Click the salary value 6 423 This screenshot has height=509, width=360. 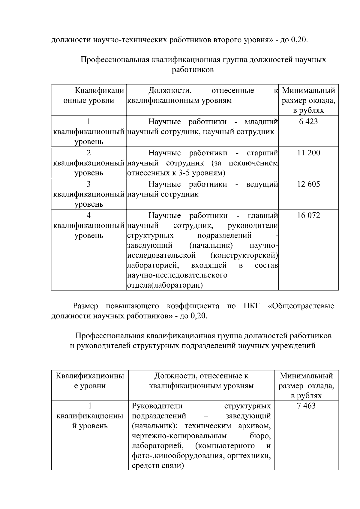pyautogui.click(x=308, y=122)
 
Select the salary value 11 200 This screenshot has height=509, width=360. pyautogui.click(x=308, y=153)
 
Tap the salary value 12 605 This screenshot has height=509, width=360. pyautogui.click(x=308, y=184)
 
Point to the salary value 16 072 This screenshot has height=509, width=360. pyautogui.click(x=308, y=215)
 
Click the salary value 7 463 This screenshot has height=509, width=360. pyautogui.click(x=306, y=406)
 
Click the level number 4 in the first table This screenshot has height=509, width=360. pyautogui.click(x=88, y=215)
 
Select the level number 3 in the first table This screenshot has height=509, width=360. pyautogui.click(x=88, y=184)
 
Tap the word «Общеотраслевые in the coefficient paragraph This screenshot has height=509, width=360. pyautogui.click(x=301, y=306)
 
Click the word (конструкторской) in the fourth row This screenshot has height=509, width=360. pyautogui.click(x=244, y=255)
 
